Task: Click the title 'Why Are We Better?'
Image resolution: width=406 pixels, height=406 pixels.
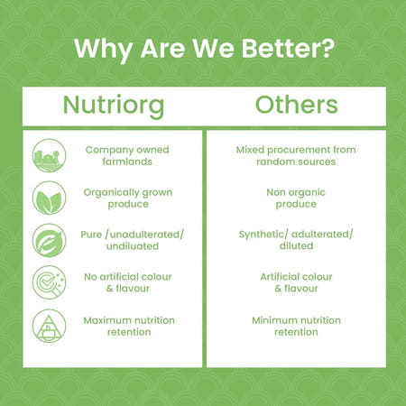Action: pyautogui.click(x=202, y=48)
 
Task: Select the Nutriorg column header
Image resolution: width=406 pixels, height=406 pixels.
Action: pyautogui.click(x=113, y=105)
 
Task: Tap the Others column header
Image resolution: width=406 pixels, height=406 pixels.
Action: pyautogui.click(x=297, y=105)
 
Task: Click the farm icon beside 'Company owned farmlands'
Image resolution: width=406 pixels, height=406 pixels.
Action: pyautogui.click(x=48, y=155)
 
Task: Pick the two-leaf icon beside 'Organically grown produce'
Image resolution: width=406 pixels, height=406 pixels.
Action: pyautogui.click(x=48, y=198)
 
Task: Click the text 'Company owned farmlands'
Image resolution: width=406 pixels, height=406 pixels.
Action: pyautogui.click(x=128, y=155)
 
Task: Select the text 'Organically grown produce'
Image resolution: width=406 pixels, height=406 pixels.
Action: pyautogui.click(x=128, y=198)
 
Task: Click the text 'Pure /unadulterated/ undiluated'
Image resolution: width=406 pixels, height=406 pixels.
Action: pyautogui.click(x=128, y=240)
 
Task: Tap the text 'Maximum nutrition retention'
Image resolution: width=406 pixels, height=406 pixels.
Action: pyautogui.click(x=128, y=326)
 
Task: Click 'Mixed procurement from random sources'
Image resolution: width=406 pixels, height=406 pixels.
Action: pyautogui.click(x=296, y=155)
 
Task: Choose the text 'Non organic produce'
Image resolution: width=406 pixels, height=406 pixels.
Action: pyautogui.click(x=296, y=198)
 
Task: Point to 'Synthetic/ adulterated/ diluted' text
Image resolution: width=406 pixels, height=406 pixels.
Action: pyautogui.click(x=296, y=240)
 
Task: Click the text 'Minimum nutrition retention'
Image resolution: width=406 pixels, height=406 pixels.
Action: pyautogui.click(x=296, y=326)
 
